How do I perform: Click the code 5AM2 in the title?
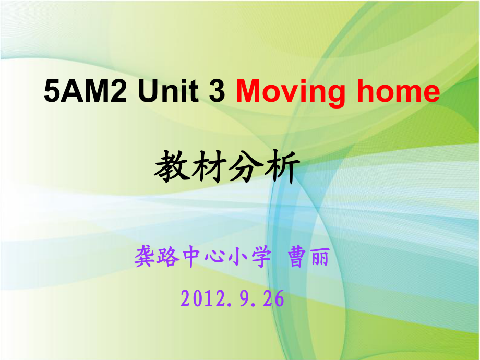[85, 91]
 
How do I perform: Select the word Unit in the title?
[168, 91]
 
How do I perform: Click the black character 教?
[171, 166]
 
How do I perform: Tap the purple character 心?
[215, 257]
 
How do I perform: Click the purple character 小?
[238, 257]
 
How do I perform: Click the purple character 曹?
[296, 257]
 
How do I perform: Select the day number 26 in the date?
[273, 299]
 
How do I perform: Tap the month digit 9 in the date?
[245, 299]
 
